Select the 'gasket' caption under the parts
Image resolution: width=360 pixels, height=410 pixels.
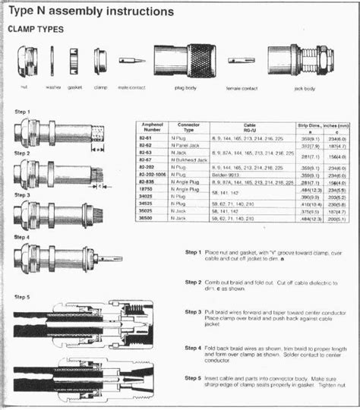tap(74, 87)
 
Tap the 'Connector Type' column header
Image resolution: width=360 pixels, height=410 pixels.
tap(188, 127)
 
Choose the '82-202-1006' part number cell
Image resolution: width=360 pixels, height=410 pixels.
tap(156, 175)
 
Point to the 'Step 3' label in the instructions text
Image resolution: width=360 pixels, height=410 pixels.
tap(194, 311)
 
